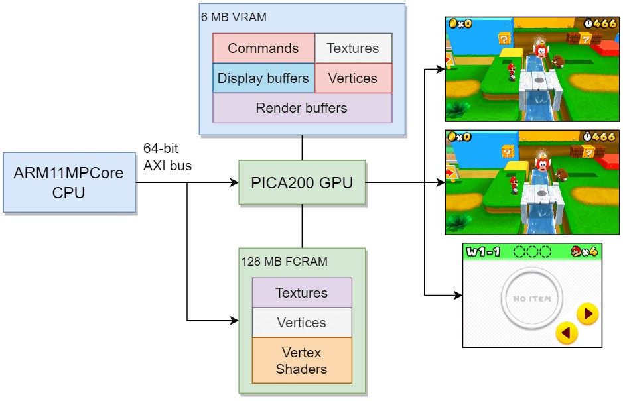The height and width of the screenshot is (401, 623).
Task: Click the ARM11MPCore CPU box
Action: [x=69, y=182]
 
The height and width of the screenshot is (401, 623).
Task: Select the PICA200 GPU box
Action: [x=302, y=182]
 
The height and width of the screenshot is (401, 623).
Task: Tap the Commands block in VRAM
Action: [x=263, y=48]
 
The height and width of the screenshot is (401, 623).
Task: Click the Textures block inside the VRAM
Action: [x=353, y=48]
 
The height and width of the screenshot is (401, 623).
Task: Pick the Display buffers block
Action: [x=263, y=78]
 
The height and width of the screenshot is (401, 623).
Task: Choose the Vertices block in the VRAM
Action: [x=353, y=78]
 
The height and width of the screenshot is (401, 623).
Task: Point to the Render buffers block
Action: [x=302, y=108]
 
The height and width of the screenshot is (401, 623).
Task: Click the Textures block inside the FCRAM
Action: [x=302, y=293]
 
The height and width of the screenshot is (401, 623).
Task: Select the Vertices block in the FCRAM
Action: [x=302, y=323]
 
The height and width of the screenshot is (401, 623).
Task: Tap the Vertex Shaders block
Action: [x=302, y=360]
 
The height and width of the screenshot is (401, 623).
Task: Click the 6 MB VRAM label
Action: [x=234, y=17]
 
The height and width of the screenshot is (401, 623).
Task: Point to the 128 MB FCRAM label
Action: [x=285, y=262]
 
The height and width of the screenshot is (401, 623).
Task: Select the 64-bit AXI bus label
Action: [x=167, y=157]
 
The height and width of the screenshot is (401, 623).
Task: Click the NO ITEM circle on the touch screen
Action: [x=531, y=298]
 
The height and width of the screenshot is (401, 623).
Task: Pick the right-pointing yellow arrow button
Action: [x=588, y=313]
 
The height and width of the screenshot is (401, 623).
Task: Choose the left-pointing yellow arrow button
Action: [x=566, y=332]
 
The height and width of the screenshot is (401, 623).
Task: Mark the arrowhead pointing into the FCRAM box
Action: [x=234, y=321]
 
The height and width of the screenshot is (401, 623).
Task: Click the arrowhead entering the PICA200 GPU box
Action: [x=234, y=182]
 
